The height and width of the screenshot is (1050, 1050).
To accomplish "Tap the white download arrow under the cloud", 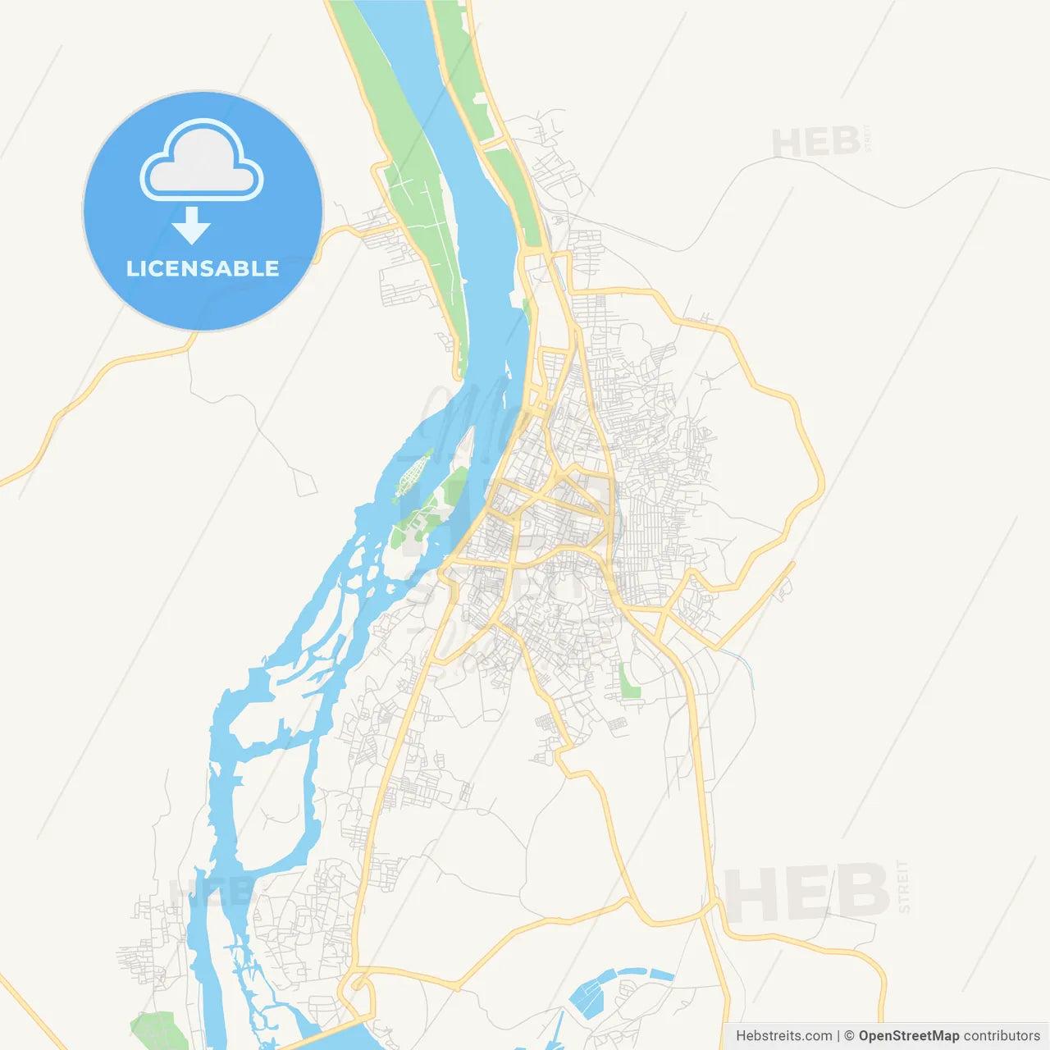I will (191, 226).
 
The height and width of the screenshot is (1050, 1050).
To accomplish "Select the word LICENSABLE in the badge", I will (203, 268).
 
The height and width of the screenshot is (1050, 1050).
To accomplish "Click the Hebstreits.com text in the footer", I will (783, 1036).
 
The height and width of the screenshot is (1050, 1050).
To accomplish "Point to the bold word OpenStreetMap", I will (908, 1036).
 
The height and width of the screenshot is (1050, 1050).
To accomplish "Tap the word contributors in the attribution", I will (1002, 1036).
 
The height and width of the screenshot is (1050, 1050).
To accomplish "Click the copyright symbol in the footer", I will (850, 1036).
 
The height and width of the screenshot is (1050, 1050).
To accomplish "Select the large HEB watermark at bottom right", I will (808, 892).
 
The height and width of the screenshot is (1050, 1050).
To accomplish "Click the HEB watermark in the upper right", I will (815, 143).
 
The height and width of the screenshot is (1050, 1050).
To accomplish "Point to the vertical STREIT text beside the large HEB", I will (904, 887).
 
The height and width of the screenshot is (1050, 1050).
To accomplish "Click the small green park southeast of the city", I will (630, 682).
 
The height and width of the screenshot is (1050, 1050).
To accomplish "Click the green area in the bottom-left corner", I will (156, 1030).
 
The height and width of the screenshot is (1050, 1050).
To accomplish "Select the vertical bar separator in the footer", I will (838, 1036).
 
